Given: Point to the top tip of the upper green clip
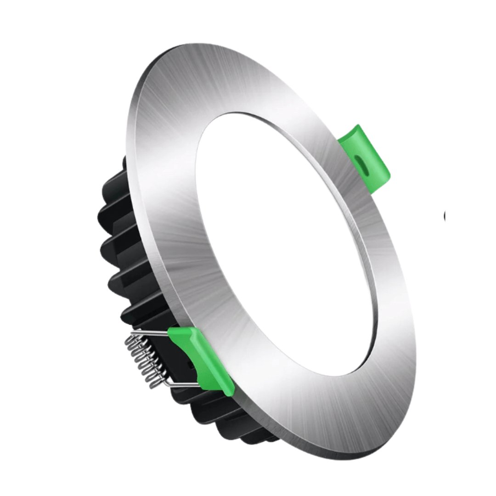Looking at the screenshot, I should tap(356, 125).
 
